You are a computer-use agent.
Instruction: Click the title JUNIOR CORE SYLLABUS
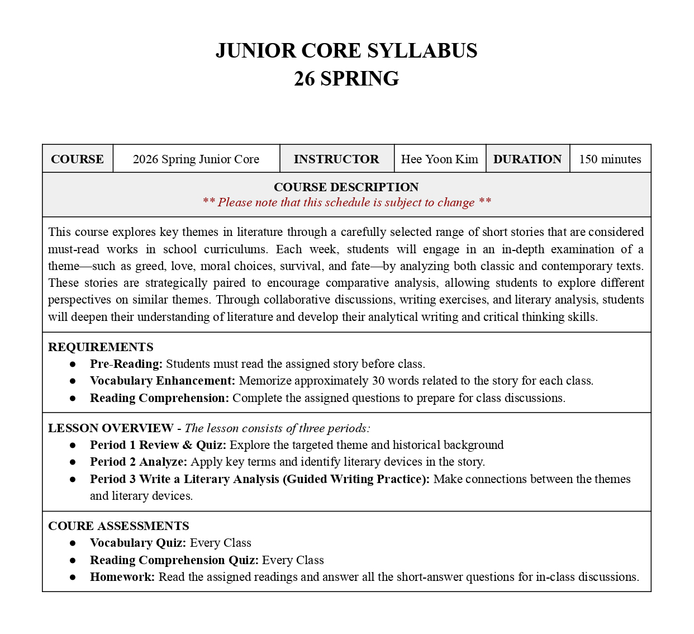(x=346, y=51)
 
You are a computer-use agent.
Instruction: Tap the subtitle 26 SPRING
(x=346, y=79)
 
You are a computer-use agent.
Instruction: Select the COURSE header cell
(x=77, y=159)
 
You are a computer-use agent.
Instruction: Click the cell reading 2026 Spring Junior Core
(x=196, y=159)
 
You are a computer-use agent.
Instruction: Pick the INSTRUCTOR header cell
(x=336, y=159)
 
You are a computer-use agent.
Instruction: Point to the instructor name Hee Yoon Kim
(x=440, y=159)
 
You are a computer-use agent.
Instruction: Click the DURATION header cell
(x=527, y=159)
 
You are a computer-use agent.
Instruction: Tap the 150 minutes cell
(x=610, y=159)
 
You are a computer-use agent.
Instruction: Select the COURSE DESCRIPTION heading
(x=346, y=187)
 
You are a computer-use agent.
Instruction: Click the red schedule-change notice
(x=346, y=202)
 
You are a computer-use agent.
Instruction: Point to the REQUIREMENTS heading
(x=101, y=347)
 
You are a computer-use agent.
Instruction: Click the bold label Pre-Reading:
(x=126, y=364)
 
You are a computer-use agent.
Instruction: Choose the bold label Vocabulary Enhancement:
(x=163, y=381)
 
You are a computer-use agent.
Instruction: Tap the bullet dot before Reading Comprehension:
(x=73, y=398)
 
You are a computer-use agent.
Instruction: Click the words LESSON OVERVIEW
(x=111, y=428)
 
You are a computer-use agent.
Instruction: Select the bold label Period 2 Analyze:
(x=139, y=462)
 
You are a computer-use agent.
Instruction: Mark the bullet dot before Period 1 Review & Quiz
(x=73, y=445)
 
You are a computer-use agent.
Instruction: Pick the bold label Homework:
(x=122, y=577)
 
